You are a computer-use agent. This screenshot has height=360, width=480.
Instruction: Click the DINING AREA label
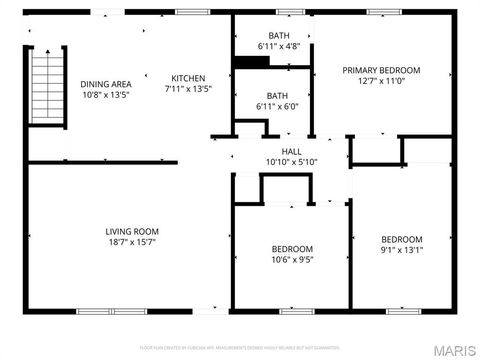106,84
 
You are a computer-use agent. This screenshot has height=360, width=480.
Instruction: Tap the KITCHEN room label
188,78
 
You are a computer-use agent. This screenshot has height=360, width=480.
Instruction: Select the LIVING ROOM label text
132,231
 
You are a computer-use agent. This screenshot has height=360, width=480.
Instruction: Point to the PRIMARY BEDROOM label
381,70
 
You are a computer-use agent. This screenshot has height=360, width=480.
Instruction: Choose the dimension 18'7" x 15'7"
132,242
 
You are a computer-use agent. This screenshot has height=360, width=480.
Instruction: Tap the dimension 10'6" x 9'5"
292,260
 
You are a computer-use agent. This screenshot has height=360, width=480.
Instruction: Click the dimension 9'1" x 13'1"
401,250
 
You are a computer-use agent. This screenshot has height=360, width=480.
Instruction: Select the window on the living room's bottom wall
97,311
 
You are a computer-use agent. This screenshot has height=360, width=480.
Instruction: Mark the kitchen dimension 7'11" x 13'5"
188,89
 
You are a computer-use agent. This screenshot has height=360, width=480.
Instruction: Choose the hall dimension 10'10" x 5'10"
291,162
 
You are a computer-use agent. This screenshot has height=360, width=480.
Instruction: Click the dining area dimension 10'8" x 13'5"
106,96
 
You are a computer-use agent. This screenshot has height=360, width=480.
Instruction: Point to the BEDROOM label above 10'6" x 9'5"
292,249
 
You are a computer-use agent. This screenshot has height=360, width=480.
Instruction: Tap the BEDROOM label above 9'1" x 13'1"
401,239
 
